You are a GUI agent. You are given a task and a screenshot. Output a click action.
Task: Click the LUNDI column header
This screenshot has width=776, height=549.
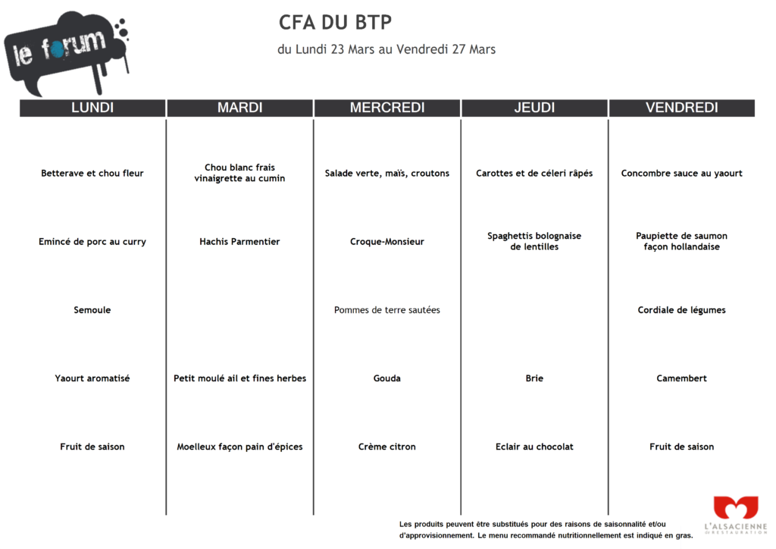tap(92, 108)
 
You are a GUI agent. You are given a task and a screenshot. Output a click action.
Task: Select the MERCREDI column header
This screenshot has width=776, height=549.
tap(387, 108)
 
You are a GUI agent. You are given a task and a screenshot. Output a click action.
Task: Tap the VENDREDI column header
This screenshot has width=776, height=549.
tap(681, 108)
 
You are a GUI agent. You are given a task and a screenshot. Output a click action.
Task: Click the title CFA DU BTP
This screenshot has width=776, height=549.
tap(335, 22)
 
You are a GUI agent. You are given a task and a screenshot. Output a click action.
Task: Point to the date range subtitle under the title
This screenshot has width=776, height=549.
tap(386, 49)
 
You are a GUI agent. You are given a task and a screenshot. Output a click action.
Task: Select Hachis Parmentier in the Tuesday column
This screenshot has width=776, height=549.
tap(239, 242)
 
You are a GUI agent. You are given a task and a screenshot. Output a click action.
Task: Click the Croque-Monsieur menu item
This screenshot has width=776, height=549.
tap(387, 242)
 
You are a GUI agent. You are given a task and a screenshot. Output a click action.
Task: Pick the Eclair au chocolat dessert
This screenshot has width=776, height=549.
tap(534, 447)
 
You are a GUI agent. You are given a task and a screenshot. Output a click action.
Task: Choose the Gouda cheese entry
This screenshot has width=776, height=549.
tap(387, 378)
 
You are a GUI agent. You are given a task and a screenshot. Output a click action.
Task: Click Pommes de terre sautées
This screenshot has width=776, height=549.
tap(387, 310)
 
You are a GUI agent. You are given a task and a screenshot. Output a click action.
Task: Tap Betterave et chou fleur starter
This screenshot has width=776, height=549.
tap(92, 174)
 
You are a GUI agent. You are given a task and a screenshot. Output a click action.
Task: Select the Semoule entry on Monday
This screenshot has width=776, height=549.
tap(92, 310)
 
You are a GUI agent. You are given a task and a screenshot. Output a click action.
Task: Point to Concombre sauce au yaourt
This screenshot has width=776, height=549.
tap(681, 174)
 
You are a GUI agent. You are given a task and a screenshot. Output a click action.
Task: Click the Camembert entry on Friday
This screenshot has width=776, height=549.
tap(681, 378)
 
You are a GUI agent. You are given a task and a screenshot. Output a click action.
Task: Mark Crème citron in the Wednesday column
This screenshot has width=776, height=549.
tap(387, 447)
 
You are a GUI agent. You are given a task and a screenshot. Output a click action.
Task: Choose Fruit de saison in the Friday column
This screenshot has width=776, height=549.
tap(681, 447)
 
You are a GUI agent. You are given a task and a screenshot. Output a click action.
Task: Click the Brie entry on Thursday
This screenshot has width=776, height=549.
tap(534, 378)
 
